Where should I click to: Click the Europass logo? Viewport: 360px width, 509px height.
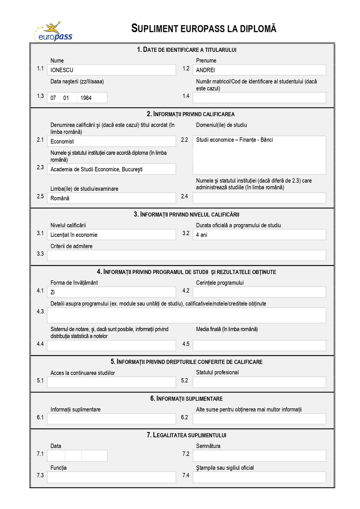click(53, 31)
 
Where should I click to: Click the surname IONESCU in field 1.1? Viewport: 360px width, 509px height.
click(62, 70)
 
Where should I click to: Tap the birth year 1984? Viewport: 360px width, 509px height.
click(86, 98)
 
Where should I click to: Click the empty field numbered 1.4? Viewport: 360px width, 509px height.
click(259, 98)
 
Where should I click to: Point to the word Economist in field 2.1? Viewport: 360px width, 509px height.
click(62, 141)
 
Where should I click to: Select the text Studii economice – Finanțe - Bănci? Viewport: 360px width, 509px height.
click(234, 140)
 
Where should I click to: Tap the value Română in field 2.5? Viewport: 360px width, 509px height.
click(60, 198)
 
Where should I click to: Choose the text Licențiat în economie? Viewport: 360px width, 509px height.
click(74, 234)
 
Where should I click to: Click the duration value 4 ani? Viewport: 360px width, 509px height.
click(202, 234)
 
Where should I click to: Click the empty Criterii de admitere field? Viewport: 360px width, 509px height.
click(186, 256)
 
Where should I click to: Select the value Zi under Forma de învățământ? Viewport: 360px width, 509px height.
click(53, 292)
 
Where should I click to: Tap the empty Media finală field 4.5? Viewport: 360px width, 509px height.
click(259, 346)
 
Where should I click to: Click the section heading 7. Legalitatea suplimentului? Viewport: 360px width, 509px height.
click(182, 435)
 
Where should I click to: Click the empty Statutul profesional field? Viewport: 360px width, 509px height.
click(259, 382)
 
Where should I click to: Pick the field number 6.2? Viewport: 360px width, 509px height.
click(184, 418)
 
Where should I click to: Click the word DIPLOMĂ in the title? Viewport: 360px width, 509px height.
click(258, 29)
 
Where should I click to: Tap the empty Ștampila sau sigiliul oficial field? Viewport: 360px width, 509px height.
click(259, 477)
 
